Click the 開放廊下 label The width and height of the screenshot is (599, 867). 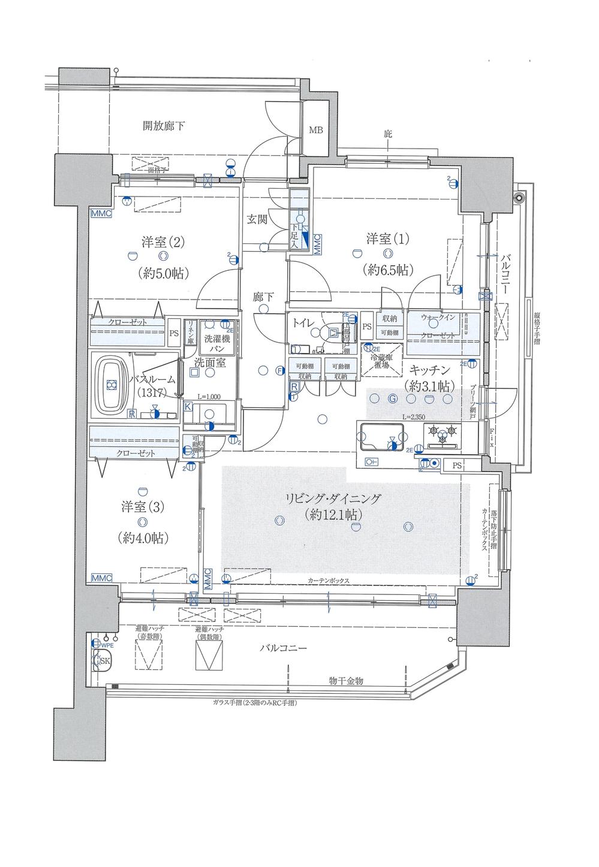164,126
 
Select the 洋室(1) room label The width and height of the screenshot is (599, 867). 387,239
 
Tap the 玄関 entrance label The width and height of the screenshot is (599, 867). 257,220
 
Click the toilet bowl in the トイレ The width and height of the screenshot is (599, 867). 332,334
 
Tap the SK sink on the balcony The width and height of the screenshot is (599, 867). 103,661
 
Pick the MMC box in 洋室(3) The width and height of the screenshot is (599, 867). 102,578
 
